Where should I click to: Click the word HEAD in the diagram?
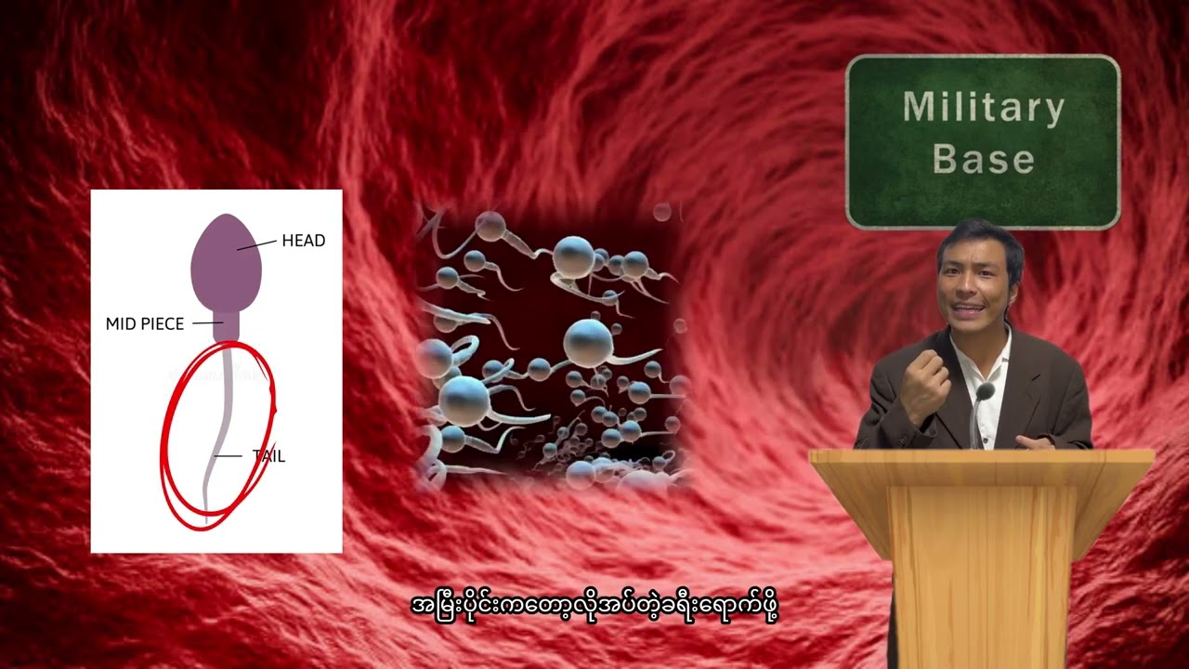click(x=303, y=241)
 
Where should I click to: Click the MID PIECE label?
click(x=144, y=324)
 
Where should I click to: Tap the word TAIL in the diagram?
click(x=268, y=456)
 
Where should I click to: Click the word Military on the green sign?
click(x=983, y=109)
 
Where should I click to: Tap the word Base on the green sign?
click(x=983, y=159)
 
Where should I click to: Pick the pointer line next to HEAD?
click(x=256, y=244)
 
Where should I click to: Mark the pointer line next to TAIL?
click(x=228, y=456)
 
